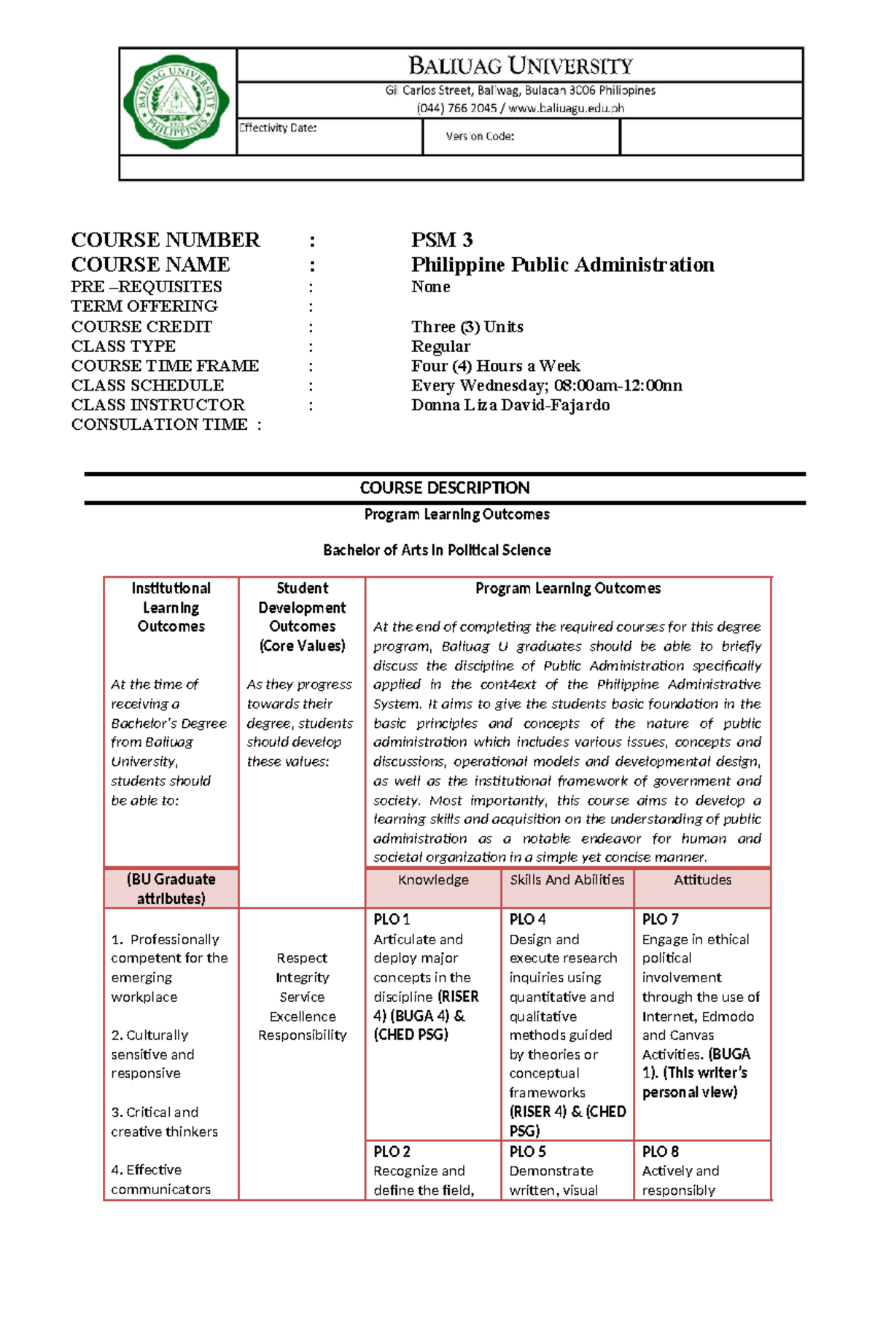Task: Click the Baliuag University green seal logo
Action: pos(176,101)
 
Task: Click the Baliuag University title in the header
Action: pos(520,66)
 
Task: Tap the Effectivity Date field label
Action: pos(278,128)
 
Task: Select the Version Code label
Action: pos(480,136)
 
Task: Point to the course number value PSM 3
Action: pos(441,240)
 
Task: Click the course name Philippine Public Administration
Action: pos(562,264)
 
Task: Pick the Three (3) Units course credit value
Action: pos(467,326)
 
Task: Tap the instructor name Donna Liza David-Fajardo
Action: pos(510,405)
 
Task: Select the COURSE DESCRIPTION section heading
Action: pos(445,488)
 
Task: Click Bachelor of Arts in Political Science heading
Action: pos(437,550)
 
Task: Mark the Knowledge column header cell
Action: pos(433,880)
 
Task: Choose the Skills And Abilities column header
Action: pos(567,880)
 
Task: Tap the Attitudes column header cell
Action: pos(702,880)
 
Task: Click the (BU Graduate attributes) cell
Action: pos(171,889)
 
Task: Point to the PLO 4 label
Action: pos(527,920)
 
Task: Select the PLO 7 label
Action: pos(660,920)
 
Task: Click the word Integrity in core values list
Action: pos(302,978)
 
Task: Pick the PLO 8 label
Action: pos(660,1152)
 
